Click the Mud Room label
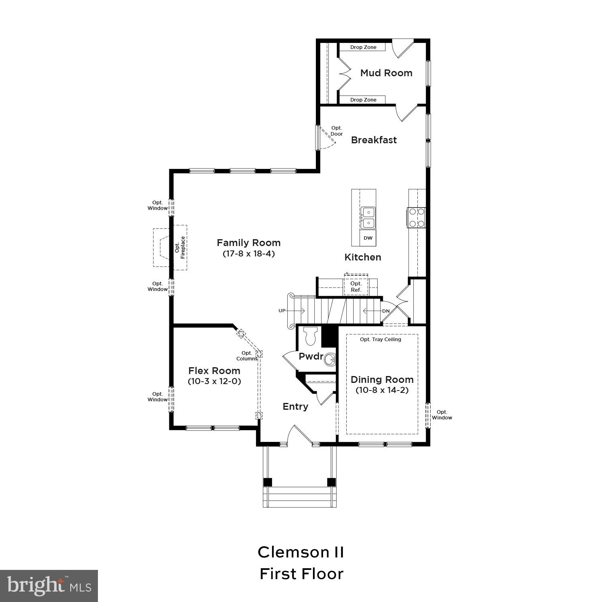tap(386, 73)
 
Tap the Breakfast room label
tap(374, 140)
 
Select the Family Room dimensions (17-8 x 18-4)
tap(248, 254)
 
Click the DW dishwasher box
tap(368, 238)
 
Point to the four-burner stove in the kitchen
tap(416, 218)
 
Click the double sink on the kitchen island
tap(368, 218)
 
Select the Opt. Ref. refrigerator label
tap(356, 287)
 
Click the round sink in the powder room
tap(329, 359)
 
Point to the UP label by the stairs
tap(282, 311)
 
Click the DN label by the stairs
tap(386, 311)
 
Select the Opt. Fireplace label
tap(180, 247)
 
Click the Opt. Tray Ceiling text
tap(380, 340)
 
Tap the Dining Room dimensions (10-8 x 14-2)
tap(382, 390)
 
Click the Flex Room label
tap(214, 371)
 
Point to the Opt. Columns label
tap(246, 356)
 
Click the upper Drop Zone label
tap(363, 47)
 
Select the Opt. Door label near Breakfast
tap(337, 131)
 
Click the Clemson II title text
tap(301, 552)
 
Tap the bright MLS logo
tap(49, 586)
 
